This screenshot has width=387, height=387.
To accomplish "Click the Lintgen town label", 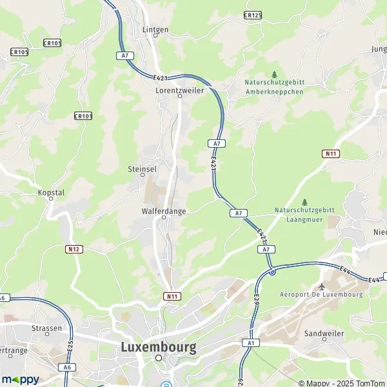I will coord(155,30).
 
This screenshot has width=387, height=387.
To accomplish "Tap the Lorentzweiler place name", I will coord(179,91).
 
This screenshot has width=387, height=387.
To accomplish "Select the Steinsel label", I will coord(143,168).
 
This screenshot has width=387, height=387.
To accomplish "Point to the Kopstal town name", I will coord(52,192).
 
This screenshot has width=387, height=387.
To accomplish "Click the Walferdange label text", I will coord(163,211).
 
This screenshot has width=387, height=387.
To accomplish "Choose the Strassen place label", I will coord(47,328).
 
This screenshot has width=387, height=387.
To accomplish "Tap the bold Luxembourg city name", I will coord(158,347).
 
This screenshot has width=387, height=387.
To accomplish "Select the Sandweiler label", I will coord(324,333).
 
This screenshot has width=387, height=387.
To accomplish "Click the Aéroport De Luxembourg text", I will coord(321,295).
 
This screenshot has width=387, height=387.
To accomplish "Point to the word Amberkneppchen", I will coord(273,92).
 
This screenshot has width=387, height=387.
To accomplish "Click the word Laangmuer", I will coord(304,219).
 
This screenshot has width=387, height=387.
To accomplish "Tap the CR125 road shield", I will coord(253,14).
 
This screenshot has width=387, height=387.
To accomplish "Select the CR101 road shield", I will coord(83,116).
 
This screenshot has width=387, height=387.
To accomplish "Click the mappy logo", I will coord(20,379).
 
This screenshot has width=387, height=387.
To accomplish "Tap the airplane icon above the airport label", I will coord(322,286).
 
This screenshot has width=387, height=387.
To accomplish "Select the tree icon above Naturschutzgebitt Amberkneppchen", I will coord(274,74).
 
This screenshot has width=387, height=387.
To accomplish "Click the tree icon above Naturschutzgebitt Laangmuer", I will coord(304,202).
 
